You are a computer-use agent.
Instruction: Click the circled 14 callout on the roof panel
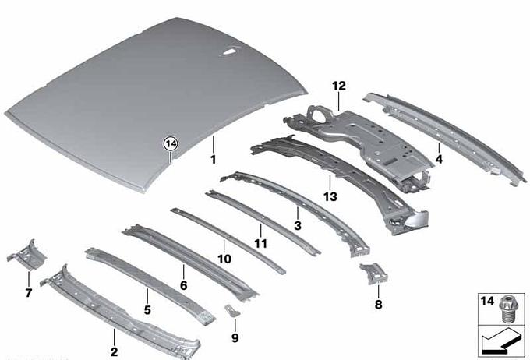coord(171,144)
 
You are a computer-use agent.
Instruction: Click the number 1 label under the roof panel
coord(213,160)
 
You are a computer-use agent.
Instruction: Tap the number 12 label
coord(339,86)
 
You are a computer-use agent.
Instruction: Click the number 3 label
coord(298,225)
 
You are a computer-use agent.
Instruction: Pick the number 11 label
coord(260,243)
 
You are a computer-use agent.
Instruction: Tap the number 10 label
coord(224,259)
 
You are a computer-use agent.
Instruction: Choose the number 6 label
coord(183,286)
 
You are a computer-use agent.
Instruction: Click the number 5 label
coord(147,310)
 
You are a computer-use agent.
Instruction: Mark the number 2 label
coord(115,351)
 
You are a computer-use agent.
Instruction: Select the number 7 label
coord(28,293)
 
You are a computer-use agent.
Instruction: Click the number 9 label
coord(235,337)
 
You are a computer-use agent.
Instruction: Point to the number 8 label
coord(378,304)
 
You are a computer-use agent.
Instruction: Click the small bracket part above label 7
coord(27,256)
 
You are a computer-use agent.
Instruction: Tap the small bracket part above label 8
coord(374,274)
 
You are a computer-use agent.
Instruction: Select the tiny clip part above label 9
coord(232,311)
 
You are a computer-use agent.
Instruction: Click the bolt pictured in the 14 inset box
coord(509,308)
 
